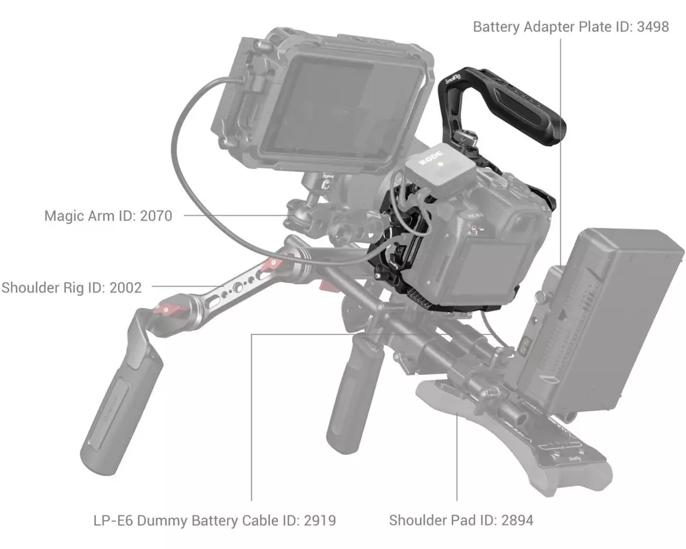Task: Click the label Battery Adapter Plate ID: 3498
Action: tap(571, 27)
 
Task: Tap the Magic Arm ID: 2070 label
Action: tap(108, 216)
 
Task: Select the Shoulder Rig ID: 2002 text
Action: tap(72, 288)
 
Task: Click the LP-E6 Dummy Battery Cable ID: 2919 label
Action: tap(215, 520)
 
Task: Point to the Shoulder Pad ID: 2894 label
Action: tap(461, 520)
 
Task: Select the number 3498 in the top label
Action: tap(653, 27)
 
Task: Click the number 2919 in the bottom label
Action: tap(320, 520)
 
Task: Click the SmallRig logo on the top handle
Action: tap(453, 79)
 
